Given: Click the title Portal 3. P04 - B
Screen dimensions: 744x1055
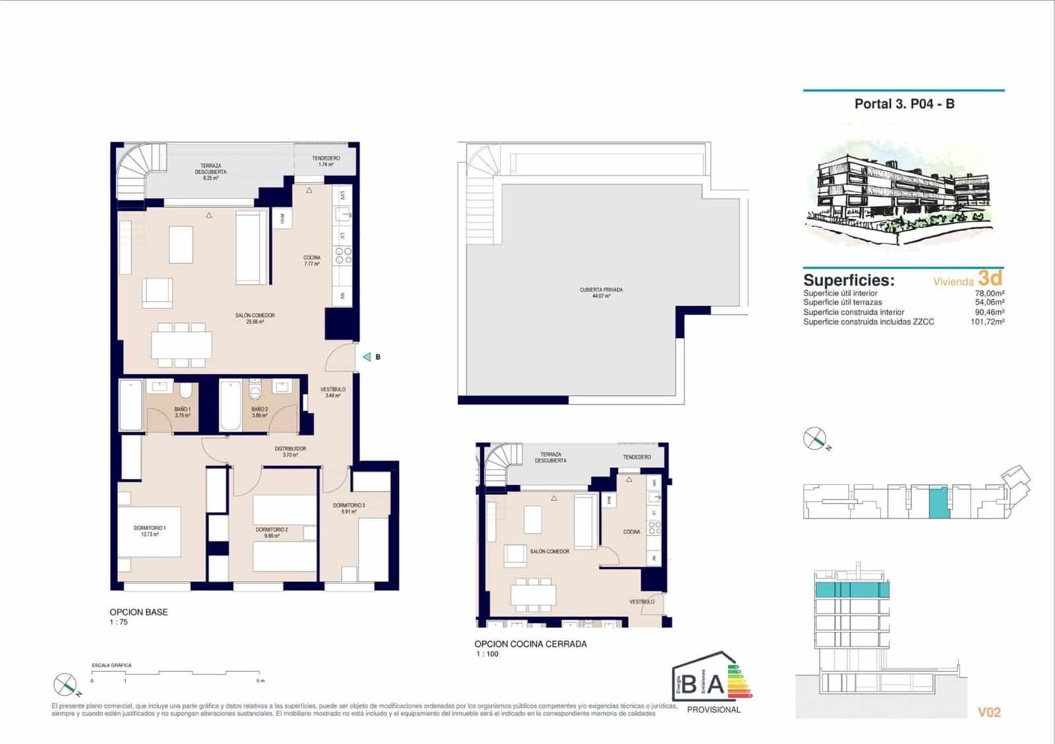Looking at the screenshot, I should pos(904,103).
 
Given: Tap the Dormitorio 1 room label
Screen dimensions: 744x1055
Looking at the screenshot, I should pos(150,531).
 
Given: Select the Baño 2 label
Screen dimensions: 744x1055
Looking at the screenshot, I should pos(259,412).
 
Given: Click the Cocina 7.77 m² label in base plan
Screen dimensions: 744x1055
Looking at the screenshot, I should pos(312,260).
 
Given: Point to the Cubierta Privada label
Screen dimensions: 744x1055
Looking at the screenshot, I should pos(601,293).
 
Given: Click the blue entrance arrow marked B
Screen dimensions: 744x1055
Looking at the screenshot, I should pos(367,357).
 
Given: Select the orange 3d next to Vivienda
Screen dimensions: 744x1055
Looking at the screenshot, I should pos(990,277).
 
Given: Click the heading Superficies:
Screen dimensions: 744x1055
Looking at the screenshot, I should pos(849,280).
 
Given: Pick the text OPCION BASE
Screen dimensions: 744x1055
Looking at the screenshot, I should pos(138,612).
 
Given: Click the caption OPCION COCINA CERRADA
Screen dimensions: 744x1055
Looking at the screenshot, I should pos(530,644).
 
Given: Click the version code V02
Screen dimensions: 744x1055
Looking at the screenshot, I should pos(989,712).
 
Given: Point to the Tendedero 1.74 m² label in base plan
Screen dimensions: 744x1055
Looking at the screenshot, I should pos(326,161).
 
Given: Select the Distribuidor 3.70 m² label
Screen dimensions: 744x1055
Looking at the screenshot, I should pos(290,451).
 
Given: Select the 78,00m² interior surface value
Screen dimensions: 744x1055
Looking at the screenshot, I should pos(990,293).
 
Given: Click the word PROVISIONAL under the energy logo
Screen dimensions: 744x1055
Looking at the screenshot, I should pos(713,710).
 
